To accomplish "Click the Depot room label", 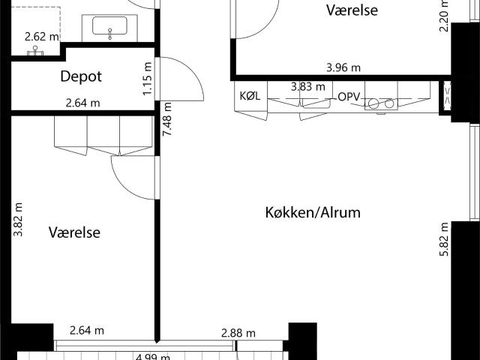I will (x=80, y=76).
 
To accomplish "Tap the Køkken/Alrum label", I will (x=313, y=212).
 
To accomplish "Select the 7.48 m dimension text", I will (x=167, y=118).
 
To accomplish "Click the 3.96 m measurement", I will (x=343, y=68).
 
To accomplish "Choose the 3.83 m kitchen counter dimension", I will (x=307, y=87).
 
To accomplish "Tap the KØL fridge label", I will (x=249, y=97).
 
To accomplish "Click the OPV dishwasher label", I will (x=349, y=97).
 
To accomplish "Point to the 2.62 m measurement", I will (x=41, y=36).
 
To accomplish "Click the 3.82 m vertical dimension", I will (x=18, y=220).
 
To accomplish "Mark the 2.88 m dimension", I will (x=238, y=333).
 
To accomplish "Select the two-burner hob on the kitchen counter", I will (x=383, y=103).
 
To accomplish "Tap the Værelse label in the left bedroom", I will (x=74, y=232).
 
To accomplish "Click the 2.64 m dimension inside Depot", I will (x=82, y=103).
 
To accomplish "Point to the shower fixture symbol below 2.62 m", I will (x=34, y=51).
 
